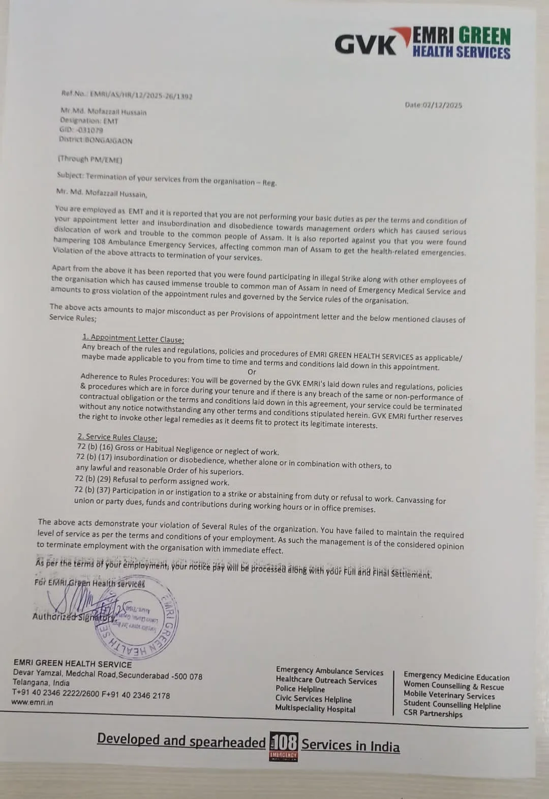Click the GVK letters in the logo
click(364, 45)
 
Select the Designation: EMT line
click(89, 121)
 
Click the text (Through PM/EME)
click(90, 160)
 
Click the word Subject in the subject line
click(70, 175)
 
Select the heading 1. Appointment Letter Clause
click(133, 339)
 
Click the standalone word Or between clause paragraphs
click(252, 372)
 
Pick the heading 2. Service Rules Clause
click(117, 437)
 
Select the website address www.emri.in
click(32, 702)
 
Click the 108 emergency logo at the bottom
click(284, 746)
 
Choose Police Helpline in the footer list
click(300, 689)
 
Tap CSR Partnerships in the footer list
click(433, 714)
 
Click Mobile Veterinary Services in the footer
click(449, 695)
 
